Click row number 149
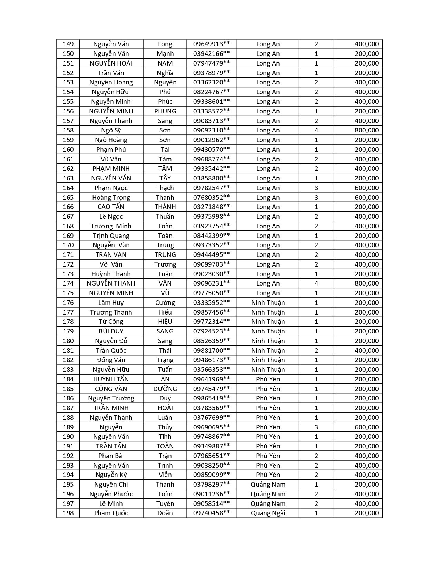(68, 44)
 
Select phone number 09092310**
(212, 130)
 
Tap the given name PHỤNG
(165, 111)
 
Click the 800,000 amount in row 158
(366, 130)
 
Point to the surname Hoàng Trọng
(111, 198)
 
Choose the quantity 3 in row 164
(316, 188)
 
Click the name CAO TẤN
(111, 207)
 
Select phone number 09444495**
(212, 255)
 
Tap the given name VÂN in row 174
(165, 283)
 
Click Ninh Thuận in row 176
(268, 303)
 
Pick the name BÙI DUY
(111, 331)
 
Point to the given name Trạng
(165, 360)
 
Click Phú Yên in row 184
(268, 379)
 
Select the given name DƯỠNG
(165, 389)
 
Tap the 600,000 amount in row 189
(366, 427)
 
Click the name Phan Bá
(111, 456)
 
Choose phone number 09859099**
(212, 475)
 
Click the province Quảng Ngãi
(268, 513)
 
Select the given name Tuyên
(165, 504)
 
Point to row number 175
(68, 293)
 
